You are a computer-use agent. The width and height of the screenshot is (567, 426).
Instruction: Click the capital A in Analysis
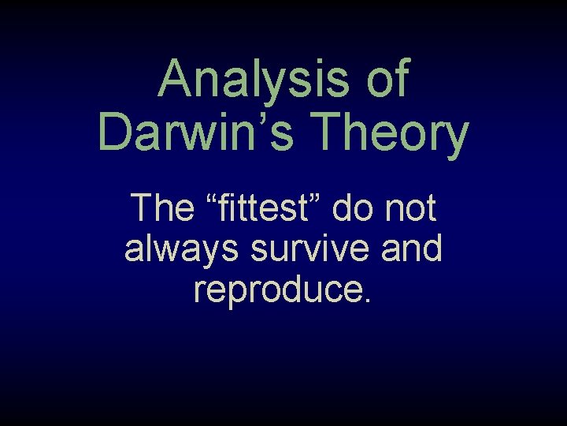tap(176, 80)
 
